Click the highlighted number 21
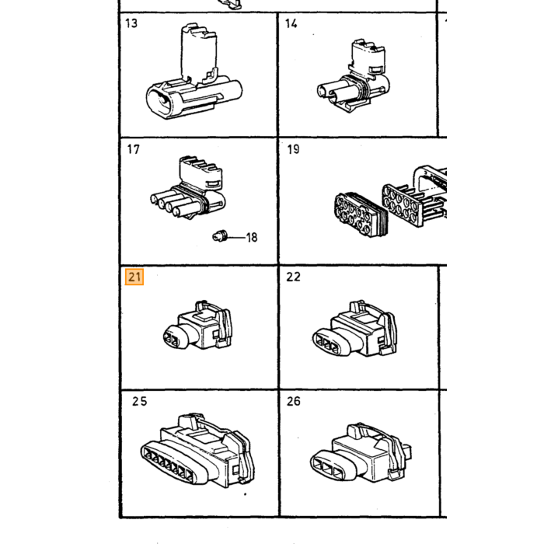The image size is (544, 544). pos(134,277)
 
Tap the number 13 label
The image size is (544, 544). pos(131,23)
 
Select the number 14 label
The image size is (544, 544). pos(291,23)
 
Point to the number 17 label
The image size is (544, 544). pos(133,149)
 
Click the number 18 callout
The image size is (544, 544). pos(252,237)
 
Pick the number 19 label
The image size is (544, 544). pos(293,149)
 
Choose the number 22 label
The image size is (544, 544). pos(293,277)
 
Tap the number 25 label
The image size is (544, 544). pos(139,401)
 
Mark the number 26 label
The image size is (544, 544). pos(294,401)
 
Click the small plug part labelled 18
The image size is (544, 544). pos(220,236)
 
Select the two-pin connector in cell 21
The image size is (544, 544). pos(197,325)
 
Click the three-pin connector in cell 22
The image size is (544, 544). pos(354,328)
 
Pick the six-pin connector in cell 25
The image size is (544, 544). pos(197,450)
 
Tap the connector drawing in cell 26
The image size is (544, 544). pos(361,452)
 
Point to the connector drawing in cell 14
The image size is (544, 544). pos(353,75)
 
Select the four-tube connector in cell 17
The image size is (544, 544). pos(188,188)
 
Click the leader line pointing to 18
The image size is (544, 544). pos(236,238)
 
